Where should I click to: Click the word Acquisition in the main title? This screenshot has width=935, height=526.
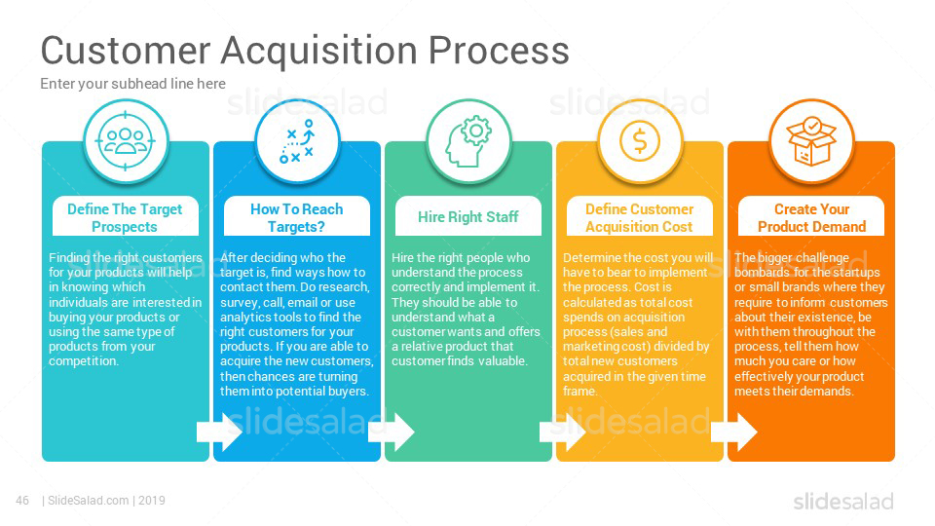[318, 51]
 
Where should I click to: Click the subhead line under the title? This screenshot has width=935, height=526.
[133, 84]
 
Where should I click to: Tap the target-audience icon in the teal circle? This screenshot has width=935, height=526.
[126, 141]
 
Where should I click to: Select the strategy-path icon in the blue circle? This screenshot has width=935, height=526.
[297, 141]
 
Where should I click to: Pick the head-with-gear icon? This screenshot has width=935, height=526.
[468, 141]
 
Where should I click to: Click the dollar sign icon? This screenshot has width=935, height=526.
[640, 141]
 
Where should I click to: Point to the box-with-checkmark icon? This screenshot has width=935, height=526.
[811, 141]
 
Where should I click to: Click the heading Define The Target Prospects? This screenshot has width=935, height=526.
[125, 217]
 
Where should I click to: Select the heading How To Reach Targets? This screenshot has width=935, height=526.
[296, 217]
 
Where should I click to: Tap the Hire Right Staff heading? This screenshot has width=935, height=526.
[468, 217]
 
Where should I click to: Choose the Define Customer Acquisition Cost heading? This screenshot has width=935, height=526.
[639, 217]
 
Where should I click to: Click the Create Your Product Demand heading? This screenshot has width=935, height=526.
[811, 217]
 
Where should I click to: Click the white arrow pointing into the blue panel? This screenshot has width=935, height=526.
[219, 432]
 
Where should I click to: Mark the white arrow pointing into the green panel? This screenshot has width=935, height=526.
[392, 432]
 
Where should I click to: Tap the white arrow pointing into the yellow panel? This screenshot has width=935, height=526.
[562, 432]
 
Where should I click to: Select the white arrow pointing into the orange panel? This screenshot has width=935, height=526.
[734, 432]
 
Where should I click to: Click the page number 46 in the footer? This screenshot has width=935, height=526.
[22, 501]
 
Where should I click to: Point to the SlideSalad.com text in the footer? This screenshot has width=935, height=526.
[89, 501]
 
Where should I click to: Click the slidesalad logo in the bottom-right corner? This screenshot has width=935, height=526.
[843, 502]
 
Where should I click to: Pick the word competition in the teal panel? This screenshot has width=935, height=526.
[84, 361]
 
